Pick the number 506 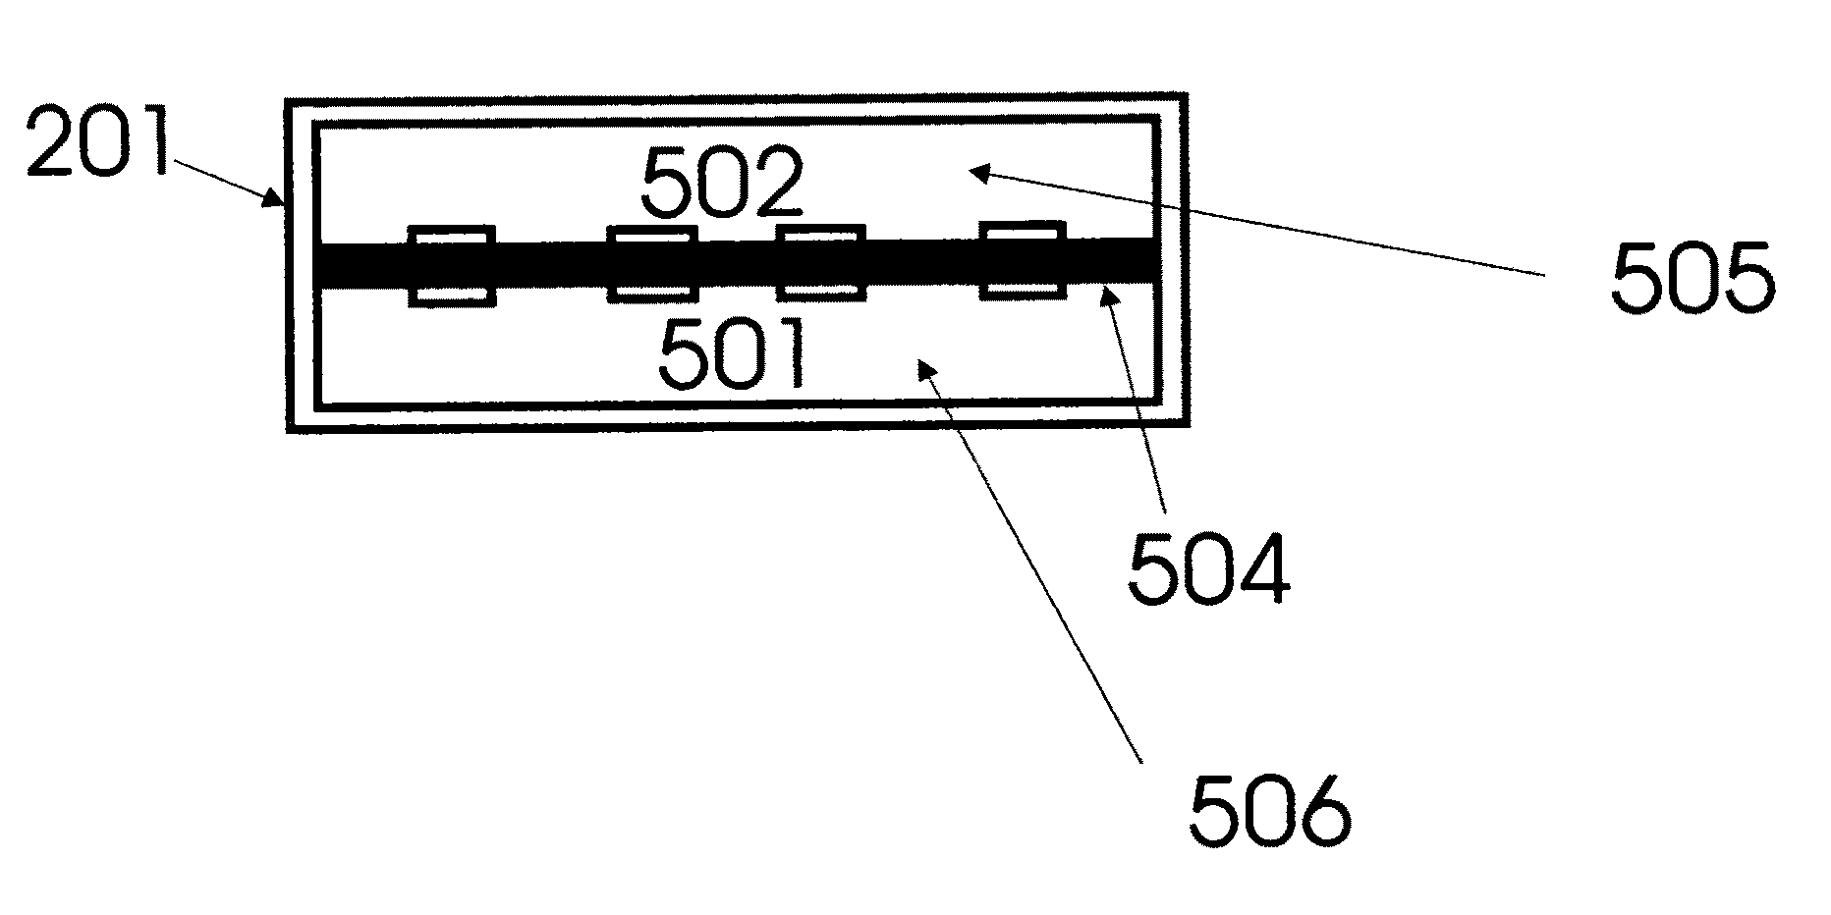click(x=1269, y=811)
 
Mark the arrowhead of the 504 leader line click(x=1109, y=292)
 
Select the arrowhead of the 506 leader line click(x=923, y=367)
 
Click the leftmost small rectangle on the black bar click(x=451, y=265)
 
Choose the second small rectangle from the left click(x=652, y=264)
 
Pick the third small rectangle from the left click(x=821, y=263)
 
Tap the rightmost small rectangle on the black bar click(x=1023, y=259)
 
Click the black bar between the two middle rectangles click(x=737, y=264)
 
